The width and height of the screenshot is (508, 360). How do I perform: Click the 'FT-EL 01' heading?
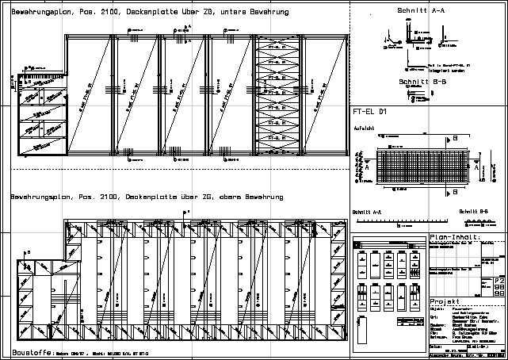[x=369, y=113]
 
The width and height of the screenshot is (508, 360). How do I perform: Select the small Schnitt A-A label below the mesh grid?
[x=366, y=213]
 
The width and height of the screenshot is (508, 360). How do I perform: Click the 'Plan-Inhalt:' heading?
[x=453, y=237]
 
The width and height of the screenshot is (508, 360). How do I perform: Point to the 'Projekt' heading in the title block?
[x=444, y=302]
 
